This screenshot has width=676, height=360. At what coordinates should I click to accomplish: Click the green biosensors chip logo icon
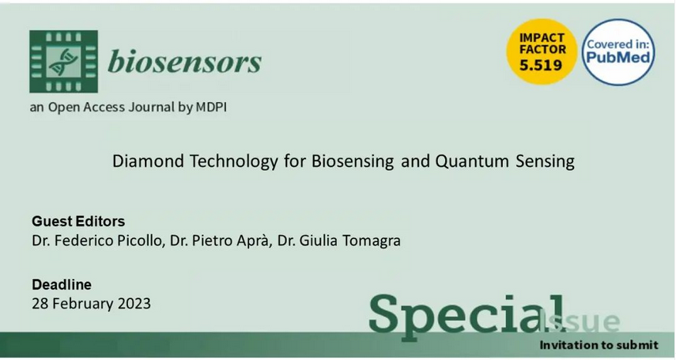tap(63, 61)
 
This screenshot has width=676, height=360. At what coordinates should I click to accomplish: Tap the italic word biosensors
tap(184, 61)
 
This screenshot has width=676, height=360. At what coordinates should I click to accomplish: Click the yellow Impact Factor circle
tap(542, 51)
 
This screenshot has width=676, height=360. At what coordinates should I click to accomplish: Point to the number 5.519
tap(541, 65)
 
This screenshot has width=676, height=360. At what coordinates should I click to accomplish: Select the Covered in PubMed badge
tap(618, 51)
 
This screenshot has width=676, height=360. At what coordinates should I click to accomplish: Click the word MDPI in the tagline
tap(211, 107)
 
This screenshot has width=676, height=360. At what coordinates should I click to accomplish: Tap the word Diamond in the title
tap(149, 161)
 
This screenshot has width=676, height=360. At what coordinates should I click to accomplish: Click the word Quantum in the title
tap(472, 161)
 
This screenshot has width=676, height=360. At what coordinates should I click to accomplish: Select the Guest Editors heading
tap(78, 222)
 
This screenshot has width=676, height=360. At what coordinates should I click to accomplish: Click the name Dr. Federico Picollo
tap(98, 241)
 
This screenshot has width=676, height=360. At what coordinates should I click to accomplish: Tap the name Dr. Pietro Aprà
tap(221, 241)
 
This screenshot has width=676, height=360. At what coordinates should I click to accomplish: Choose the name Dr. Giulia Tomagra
tap(339, 241)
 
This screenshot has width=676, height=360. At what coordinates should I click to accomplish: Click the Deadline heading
tap(62, 285)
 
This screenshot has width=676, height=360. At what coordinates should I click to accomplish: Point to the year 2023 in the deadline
tap(134, 304)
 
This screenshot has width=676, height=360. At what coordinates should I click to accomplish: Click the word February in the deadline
tap(82, 304)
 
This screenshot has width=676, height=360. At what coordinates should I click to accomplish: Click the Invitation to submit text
tap(599, 345)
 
